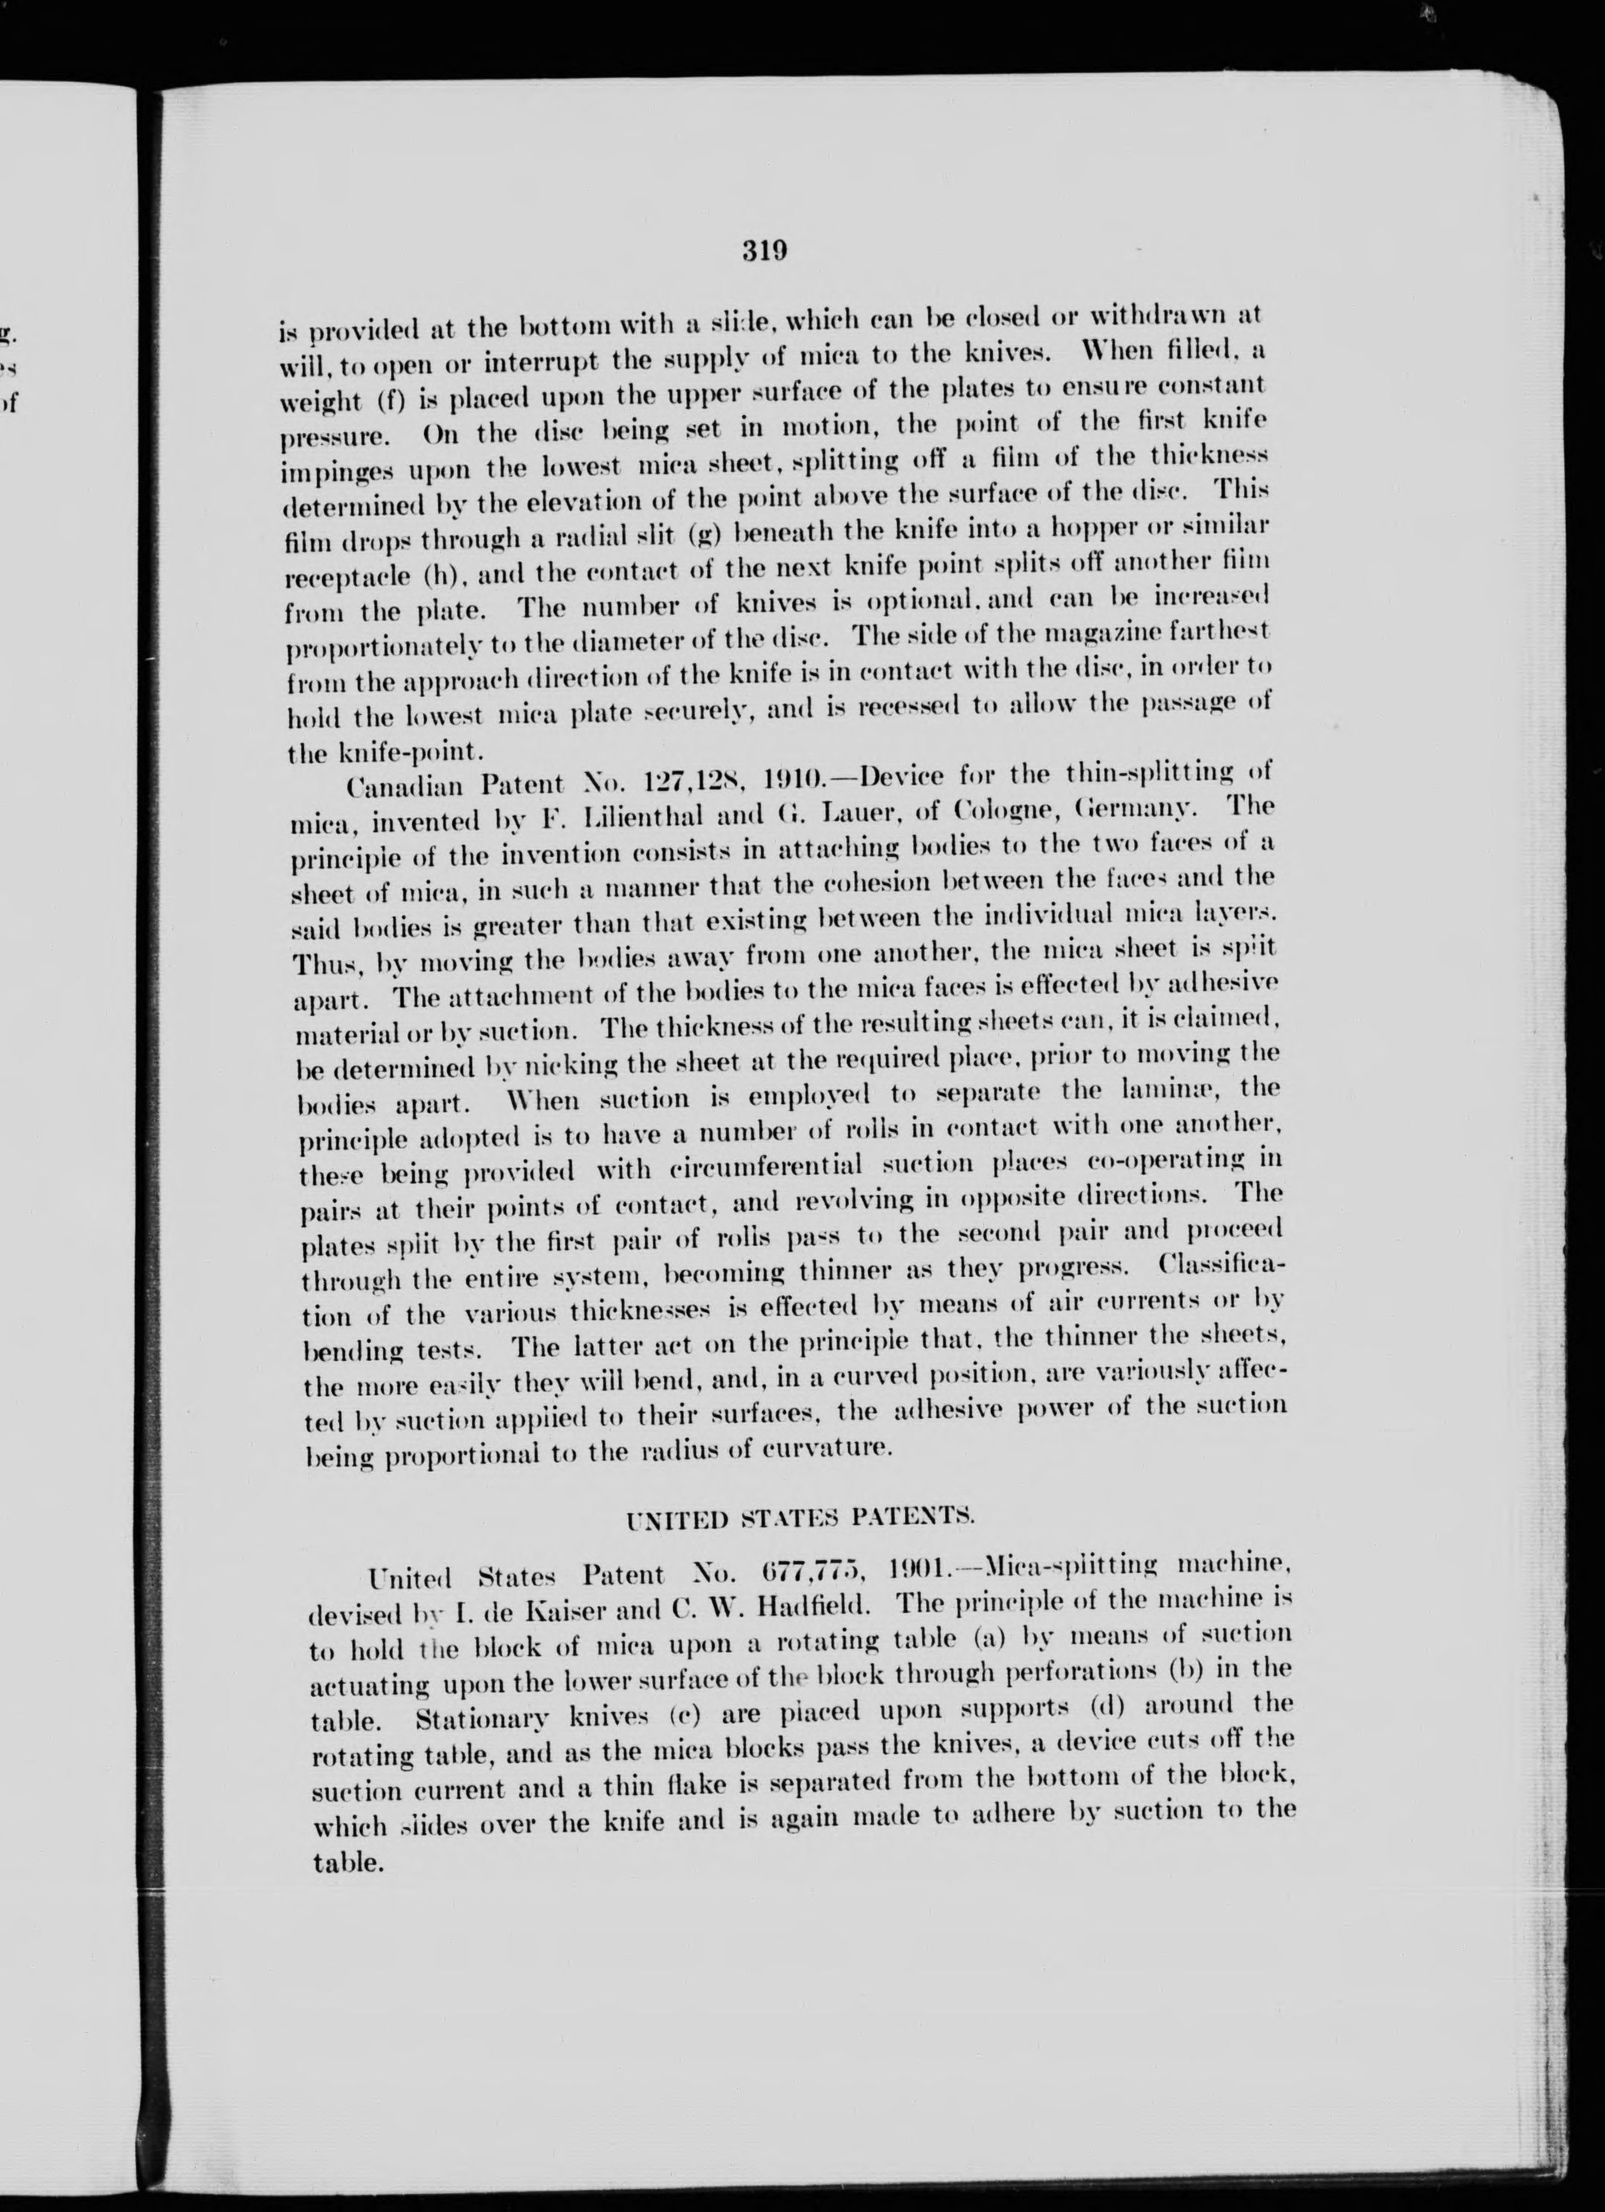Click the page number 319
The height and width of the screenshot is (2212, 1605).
coord(764,252)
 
